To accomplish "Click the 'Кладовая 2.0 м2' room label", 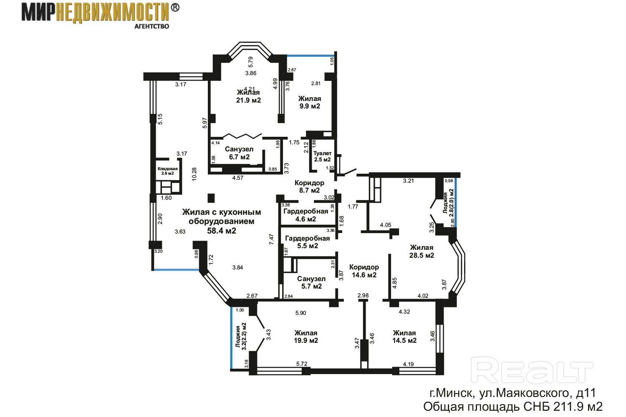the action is coord(167,171).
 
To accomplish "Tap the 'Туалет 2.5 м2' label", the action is coord(322,156).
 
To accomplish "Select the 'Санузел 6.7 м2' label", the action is coord(239,153).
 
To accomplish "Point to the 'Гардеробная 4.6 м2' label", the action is coord(306,215).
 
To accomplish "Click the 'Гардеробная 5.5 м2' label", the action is coord(308,242).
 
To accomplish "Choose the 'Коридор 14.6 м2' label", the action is coord(364,271).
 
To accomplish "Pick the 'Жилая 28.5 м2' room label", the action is coord(422,251).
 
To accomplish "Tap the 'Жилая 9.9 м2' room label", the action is coord(310,102).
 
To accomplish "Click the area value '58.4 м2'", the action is coord(222,231).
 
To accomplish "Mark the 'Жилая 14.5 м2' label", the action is coord(404,337).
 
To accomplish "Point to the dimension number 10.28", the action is coord(194,174).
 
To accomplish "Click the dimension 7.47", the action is coord(271,239).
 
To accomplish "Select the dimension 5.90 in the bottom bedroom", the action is coord(301,313).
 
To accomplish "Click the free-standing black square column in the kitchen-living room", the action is coord(211,198).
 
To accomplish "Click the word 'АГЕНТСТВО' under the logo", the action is coord(152,26).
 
